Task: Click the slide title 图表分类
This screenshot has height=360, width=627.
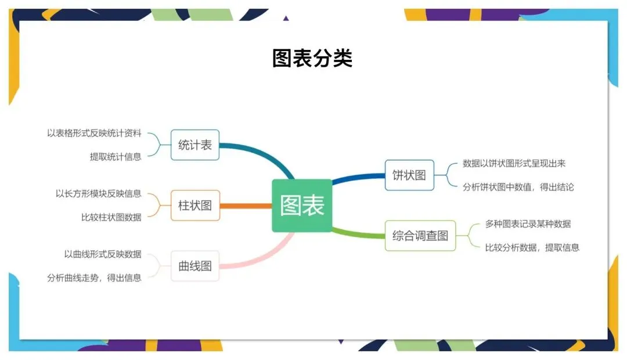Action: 312,58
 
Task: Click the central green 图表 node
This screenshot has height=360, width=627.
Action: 302,206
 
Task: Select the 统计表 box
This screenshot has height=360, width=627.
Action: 195,145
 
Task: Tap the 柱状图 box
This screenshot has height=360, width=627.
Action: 195,205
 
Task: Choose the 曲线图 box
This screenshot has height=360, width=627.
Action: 195,266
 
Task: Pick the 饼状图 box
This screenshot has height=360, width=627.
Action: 409,175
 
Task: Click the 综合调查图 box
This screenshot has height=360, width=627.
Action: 420,235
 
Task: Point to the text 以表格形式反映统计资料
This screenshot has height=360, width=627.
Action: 94,133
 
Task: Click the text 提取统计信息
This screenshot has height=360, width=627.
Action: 115,156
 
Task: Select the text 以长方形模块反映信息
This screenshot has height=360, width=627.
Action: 98,193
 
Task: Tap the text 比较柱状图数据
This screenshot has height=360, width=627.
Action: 111,217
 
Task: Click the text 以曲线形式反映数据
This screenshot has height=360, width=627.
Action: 102,254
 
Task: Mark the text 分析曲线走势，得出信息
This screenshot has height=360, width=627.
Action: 94,278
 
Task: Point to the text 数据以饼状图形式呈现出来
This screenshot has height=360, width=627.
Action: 514,163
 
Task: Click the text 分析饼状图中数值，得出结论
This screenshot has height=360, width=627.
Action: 518,187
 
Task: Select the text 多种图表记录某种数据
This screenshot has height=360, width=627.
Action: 528,224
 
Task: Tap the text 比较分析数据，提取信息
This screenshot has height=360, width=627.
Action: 532,247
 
